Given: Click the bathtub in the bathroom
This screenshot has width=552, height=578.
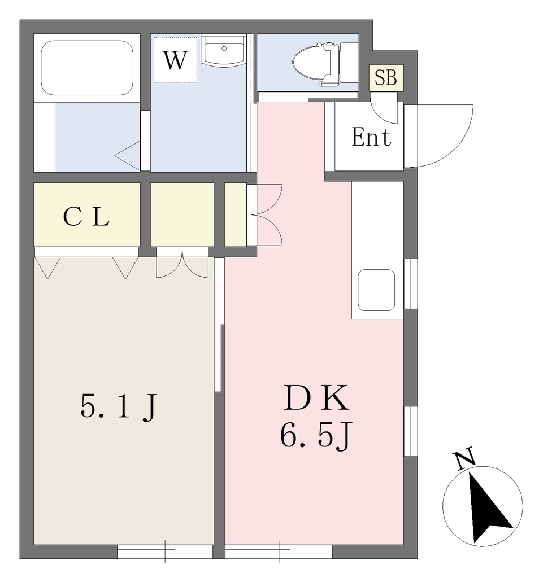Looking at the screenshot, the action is click(87, 68).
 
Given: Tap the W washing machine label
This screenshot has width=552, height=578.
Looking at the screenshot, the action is click(175, 60).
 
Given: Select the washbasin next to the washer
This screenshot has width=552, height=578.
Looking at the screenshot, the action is click(224, 51).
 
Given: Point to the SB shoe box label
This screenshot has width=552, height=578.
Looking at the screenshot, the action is click(385, 78).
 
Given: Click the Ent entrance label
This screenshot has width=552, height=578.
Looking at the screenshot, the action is click(371, 137).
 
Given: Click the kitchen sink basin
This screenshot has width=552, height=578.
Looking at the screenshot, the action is click(376, 290).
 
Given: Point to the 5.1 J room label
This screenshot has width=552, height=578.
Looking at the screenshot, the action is click(119, 407).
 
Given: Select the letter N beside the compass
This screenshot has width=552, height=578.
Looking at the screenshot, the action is click(464, 458).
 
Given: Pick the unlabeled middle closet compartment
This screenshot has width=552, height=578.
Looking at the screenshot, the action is click(182, 214).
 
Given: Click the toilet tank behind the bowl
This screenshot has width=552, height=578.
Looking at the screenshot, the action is click(349, 63).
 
